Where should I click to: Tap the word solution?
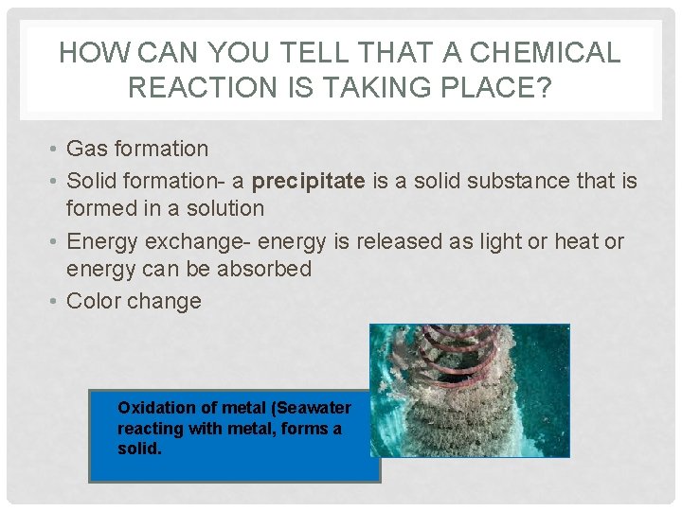[x=219, y=208]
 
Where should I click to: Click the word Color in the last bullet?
[x=96, y=302]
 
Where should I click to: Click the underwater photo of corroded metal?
[x=470, y=390]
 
